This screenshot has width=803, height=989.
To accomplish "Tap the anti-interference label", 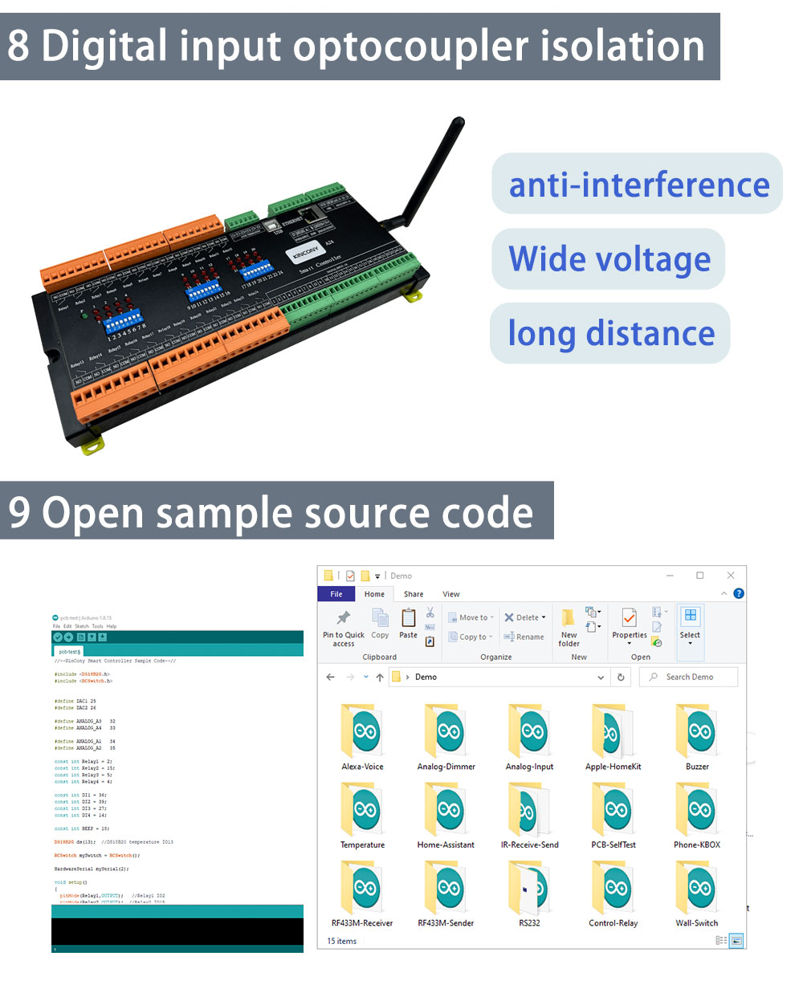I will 638,184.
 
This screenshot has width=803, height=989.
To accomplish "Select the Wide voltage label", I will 609,258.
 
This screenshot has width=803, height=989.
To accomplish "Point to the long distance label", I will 610,333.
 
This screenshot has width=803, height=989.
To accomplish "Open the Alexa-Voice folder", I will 362,735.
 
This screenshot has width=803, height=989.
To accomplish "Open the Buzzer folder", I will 697,735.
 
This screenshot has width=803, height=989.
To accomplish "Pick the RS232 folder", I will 529,891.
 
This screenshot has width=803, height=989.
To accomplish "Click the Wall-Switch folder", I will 697,891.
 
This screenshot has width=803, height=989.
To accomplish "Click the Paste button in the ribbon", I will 408,623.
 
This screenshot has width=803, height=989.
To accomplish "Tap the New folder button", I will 569,627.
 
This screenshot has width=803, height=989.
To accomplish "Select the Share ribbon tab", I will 414,594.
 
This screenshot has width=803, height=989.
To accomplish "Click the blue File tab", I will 336,594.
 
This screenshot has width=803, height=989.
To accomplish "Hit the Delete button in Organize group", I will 525,617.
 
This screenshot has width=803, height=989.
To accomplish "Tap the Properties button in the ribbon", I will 630,625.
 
